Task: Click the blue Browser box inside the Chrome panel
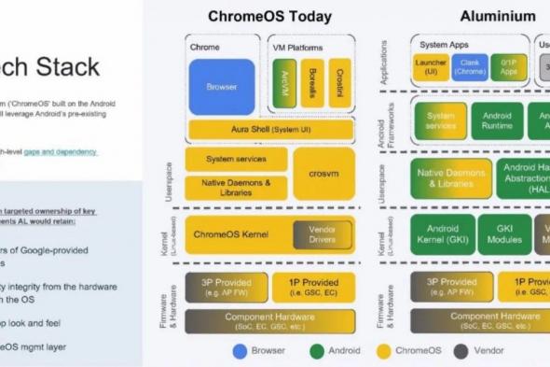point(222,87)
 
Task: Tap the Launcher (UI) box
point(431,66)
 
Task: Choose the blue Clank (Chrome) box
point(470,66)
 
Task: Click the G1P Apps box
point(509,66)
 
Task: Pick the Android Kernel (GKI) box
point(442,232)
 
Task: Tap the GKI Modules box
point(503,232)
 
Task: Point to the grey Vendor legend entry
point(466,352)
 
